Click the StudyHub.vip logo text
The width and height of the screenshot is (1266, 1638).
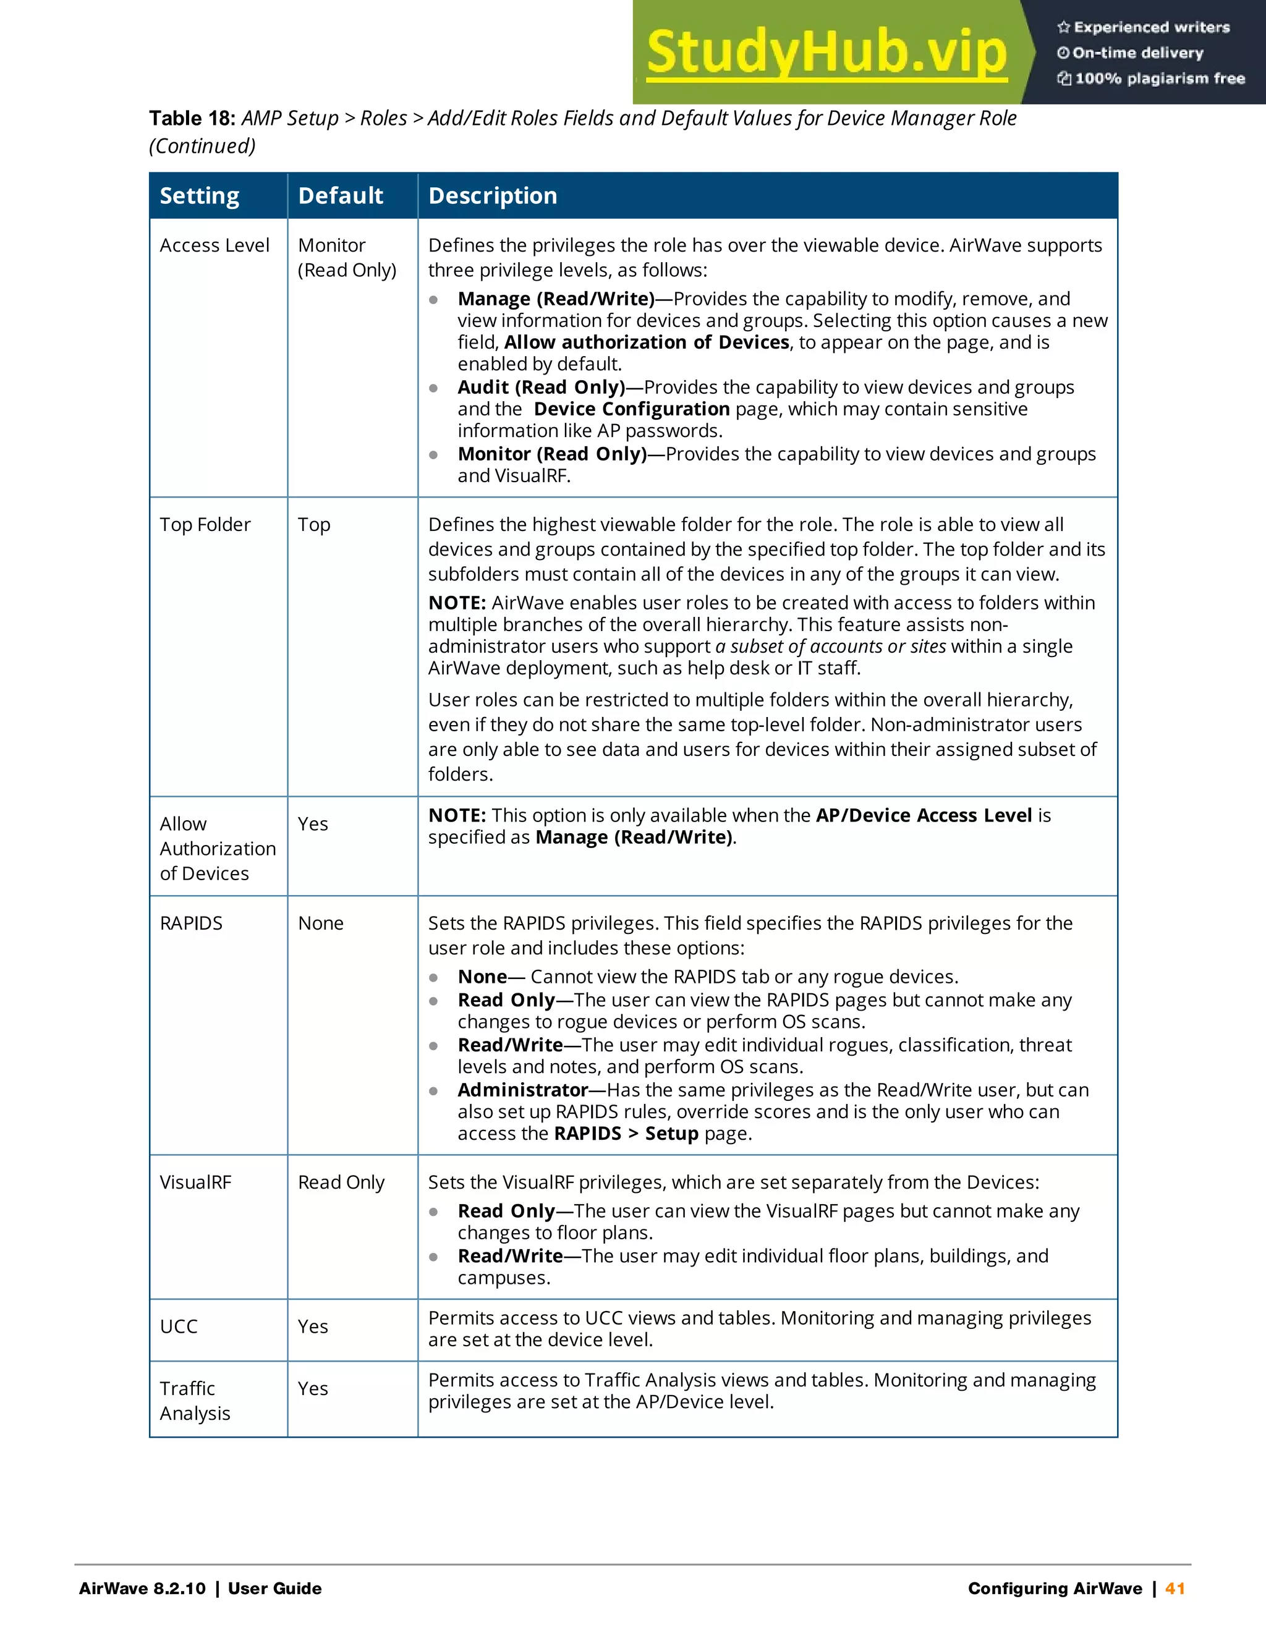click(826, 53)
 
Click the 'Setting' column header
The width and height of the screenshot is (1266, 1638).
click(200, 196)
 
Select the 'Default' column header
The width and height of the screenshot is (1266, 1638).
click(341, 196)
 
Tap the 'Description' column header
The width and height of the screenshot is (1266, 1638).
click(493, 196)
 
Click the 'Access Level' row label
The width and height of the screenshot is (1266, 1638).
click(215, 245)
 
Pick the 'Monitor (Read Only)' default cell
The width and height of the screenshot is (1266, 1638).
click(347, 257)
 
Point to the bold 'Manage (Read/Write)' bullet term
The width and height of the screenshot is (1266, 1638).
click(556, 299)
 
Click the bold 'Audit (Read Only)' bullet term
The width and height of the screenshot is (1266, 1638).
click(541, 387)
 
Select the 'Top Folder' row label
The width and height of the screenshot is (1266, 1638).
click(205, 524)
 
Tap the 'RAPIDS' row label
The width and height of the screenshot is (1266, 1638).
click(191, 923)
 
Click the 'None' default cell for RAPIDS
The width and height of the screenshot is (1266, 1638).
click(320, 923)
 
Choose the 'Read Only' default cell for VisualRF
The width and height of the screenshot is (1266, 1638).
click(341, 1182)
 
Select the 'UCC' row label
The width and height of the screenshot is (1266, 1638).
click(179, 1326)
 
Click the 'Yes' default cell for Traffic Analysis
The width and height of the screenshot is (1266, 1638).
click(313, 1388)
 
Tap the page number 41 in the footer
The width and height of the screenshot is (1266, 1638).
click(1175, 1588)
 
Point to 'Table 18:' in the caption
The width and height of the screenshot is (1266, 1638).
click(192, 119)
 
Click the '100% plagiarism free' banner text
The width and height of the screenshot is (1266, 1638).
click(1160, 78)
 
